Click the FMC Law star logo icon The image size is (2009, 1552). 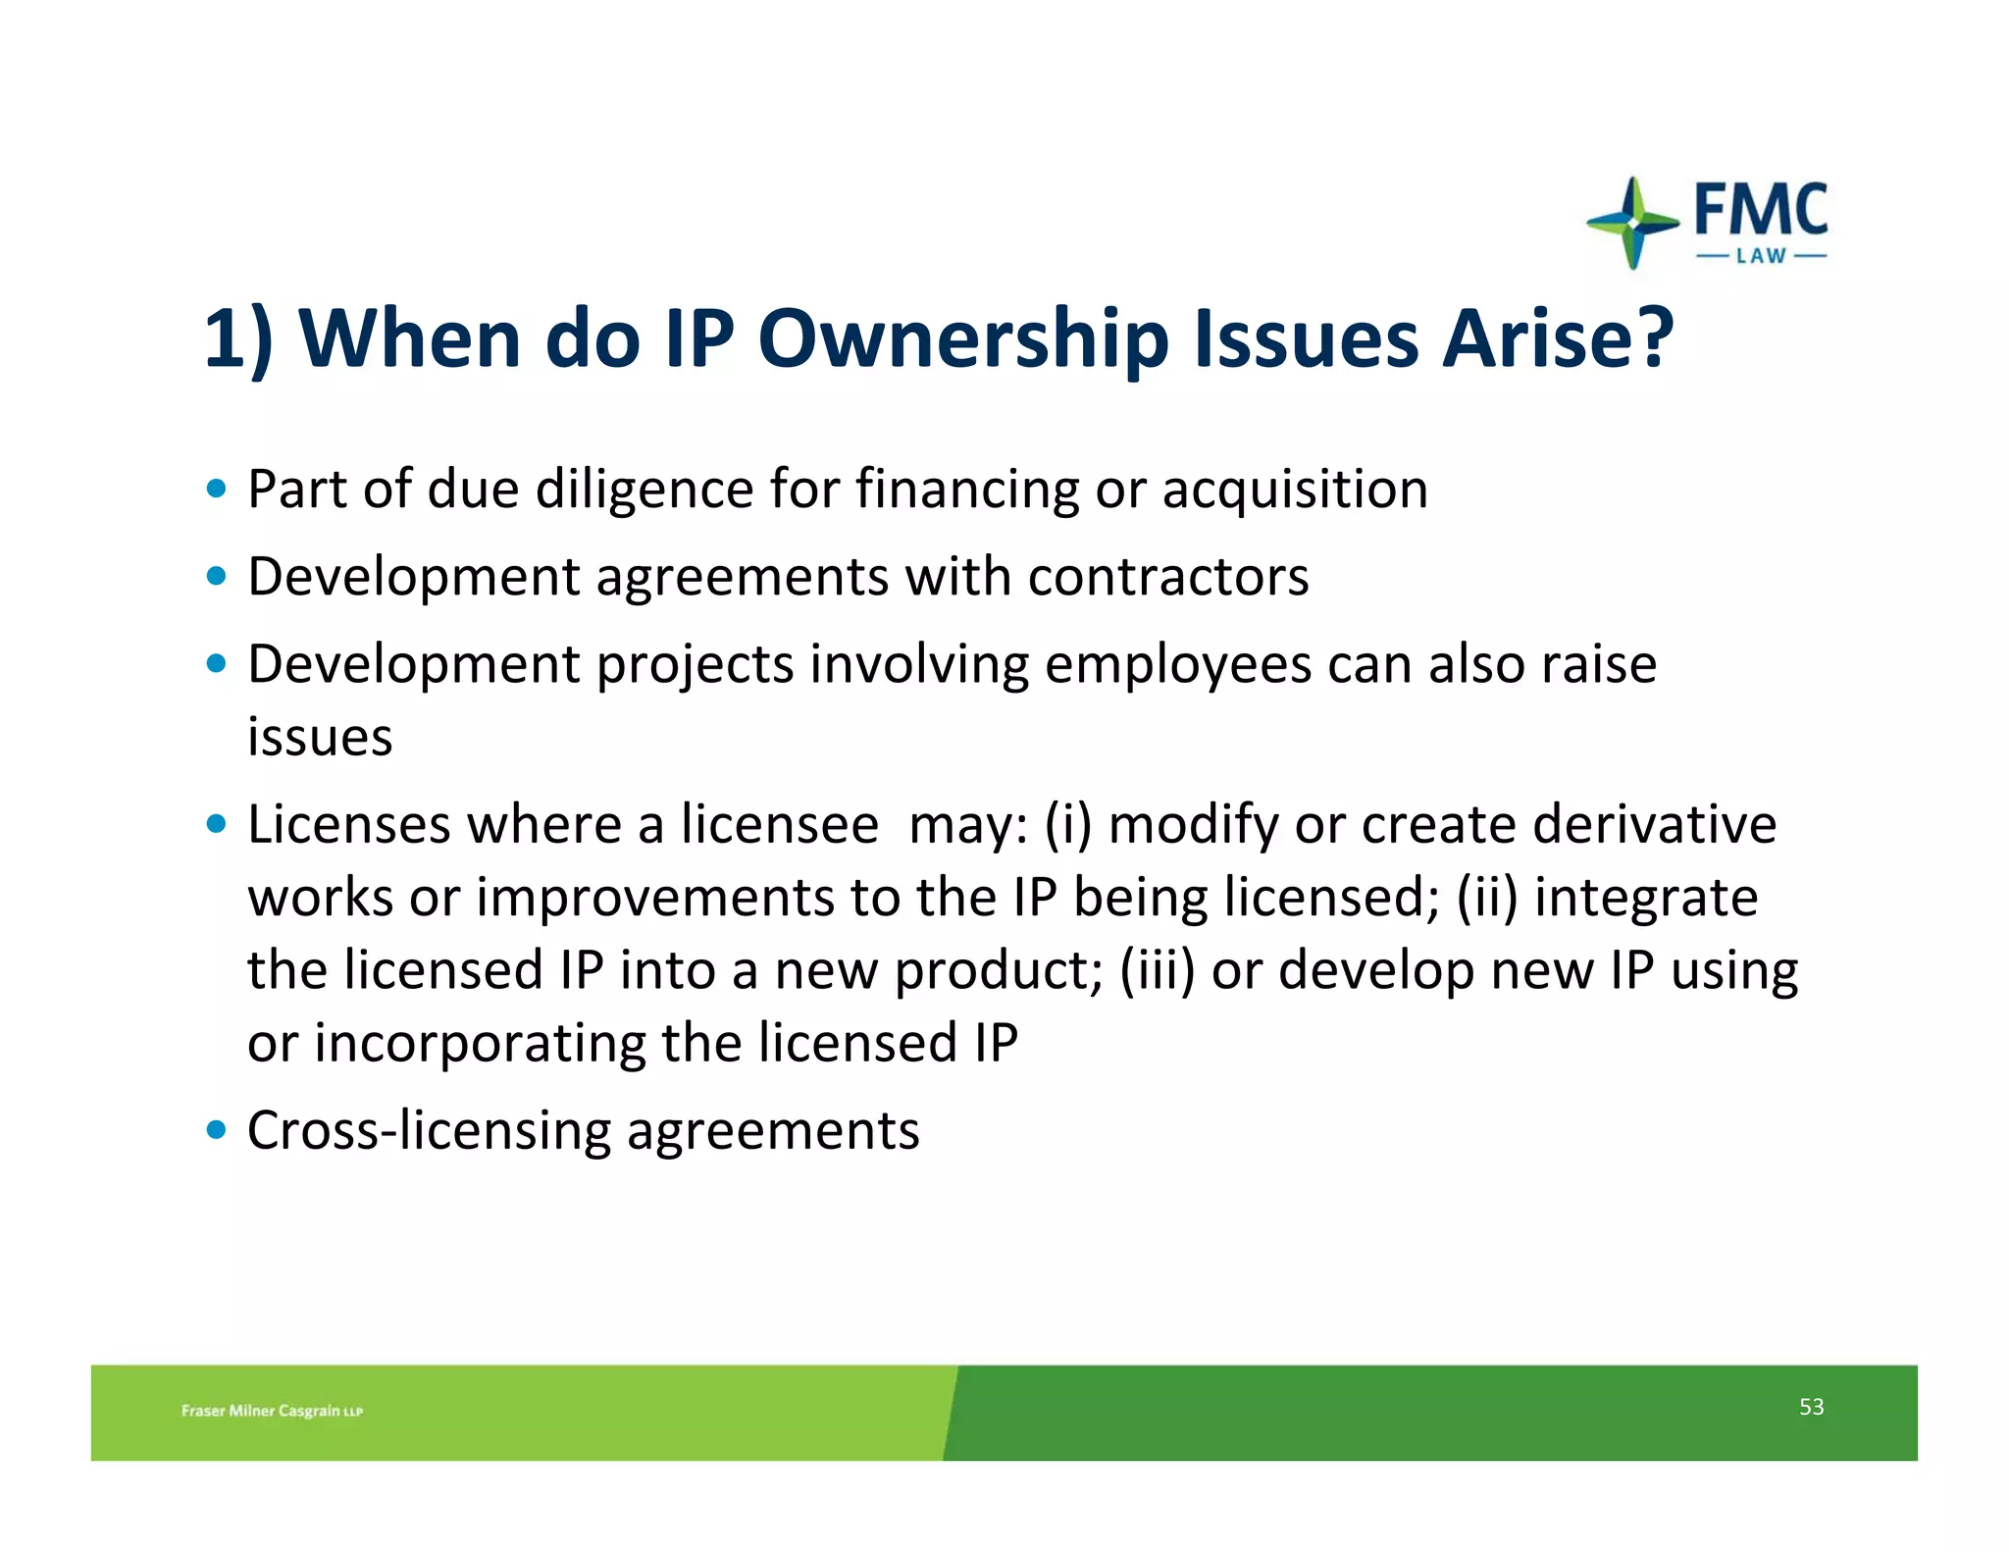point(1631,223)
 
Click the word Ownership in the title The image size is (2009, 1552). point(963,339)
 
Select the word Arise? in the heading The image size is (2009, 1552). point(1558,337)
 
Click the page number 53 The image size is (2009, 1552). point(1811,1407)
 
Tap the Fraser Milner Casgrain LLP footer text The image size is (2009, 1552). point(272,1411)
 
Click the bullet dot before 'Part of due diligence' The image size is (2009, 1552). point(217,488)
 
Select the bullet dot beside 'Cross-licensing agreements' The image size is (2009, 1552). point(217,1129)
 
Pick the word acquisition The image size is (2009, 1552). point(1295,490)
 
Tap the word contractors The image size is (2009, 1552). point(1168,576)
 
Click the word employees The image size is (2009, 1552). point(1178,665)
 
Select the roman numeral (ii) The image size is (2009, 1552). point(1487,897)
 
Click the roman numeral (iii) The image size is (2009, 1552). point(1158,970)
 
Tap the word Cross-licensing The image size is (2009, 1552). point(429,1130)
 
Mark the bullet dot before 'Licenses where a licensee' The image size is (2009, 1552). point(217,823)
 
